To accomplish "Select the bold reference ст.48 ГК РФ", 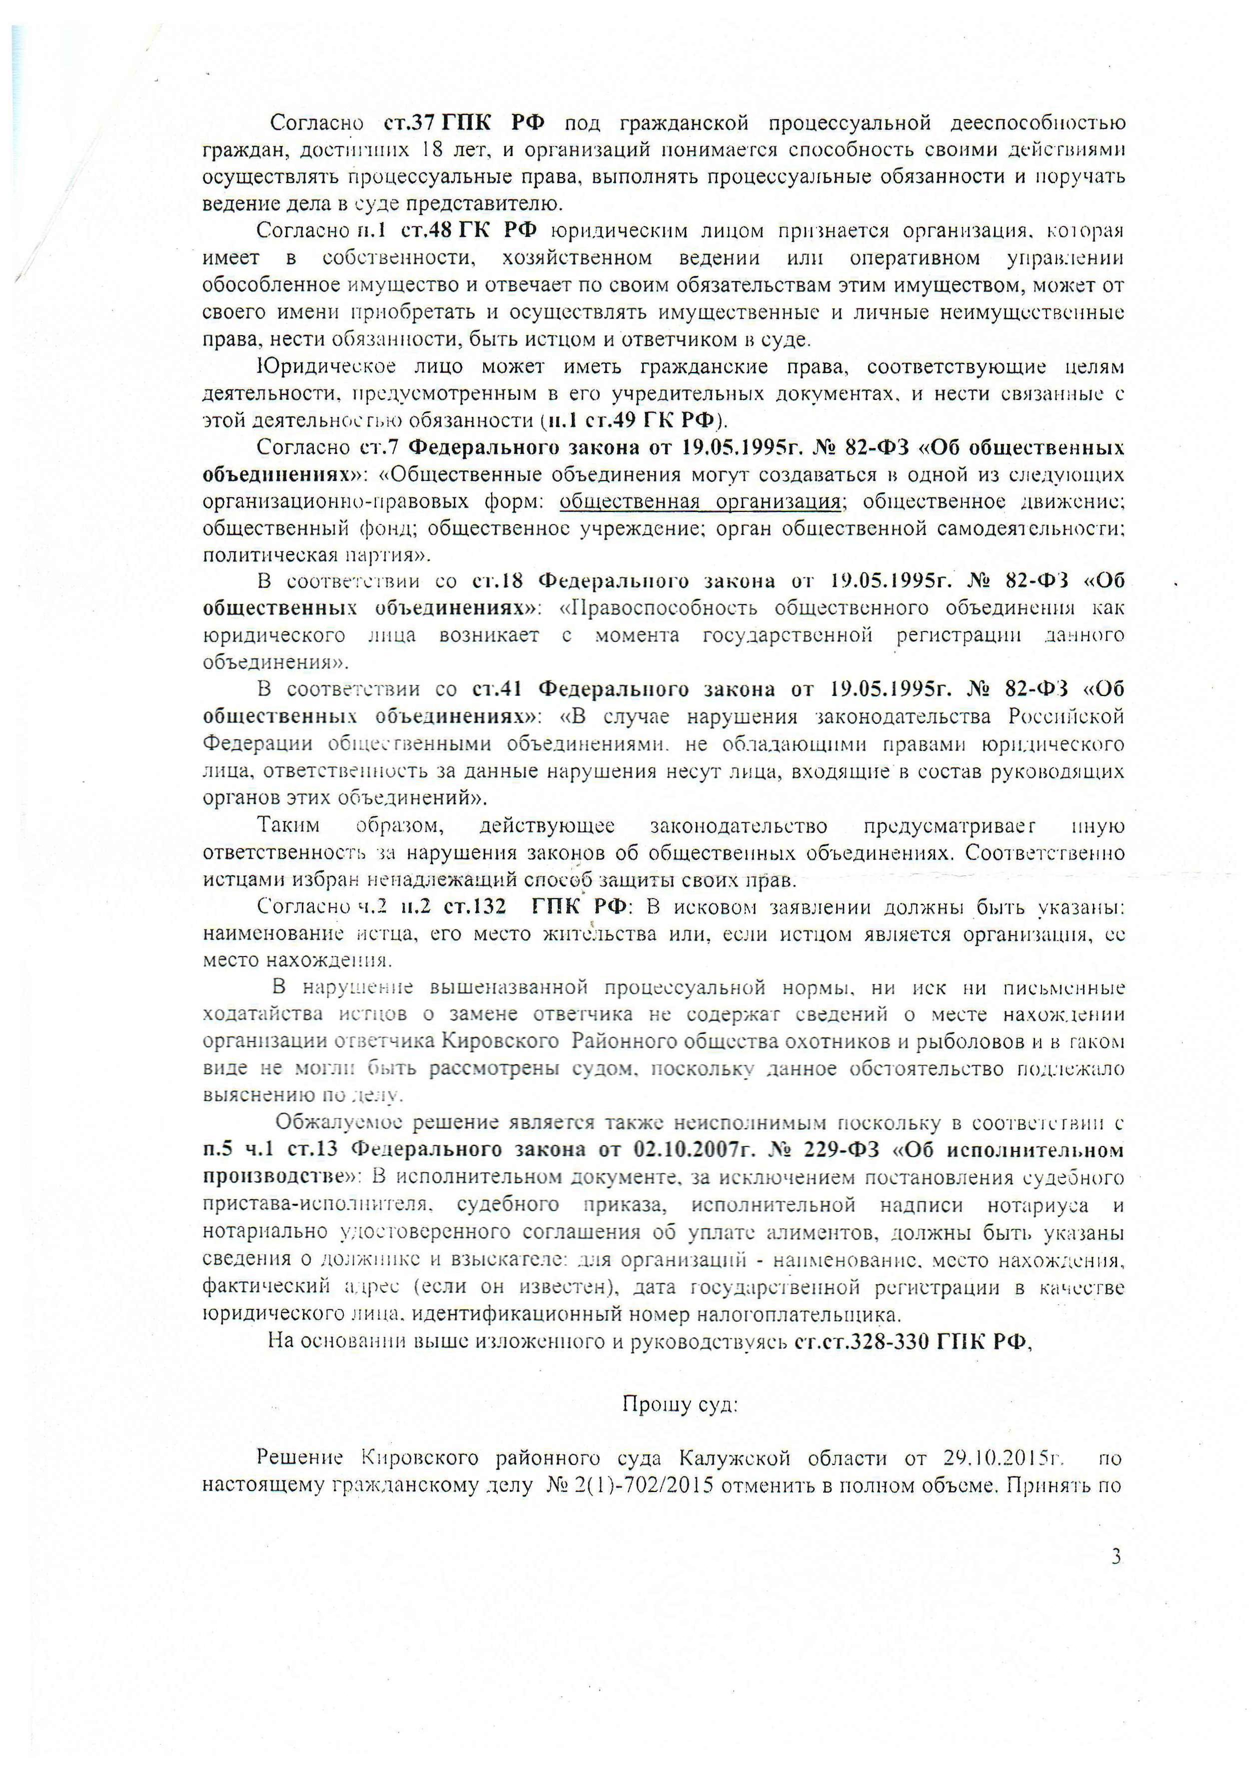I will (x=480, y=231).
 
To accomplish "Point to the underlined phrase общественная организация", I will (x=700, y=501).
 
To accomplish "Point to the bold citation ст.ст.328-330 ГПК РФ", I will (x=913, y=1342).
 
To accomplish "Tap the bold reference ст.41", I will (x=495, y=689).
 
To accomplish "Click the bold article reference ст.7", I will (x=379, y=448).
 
